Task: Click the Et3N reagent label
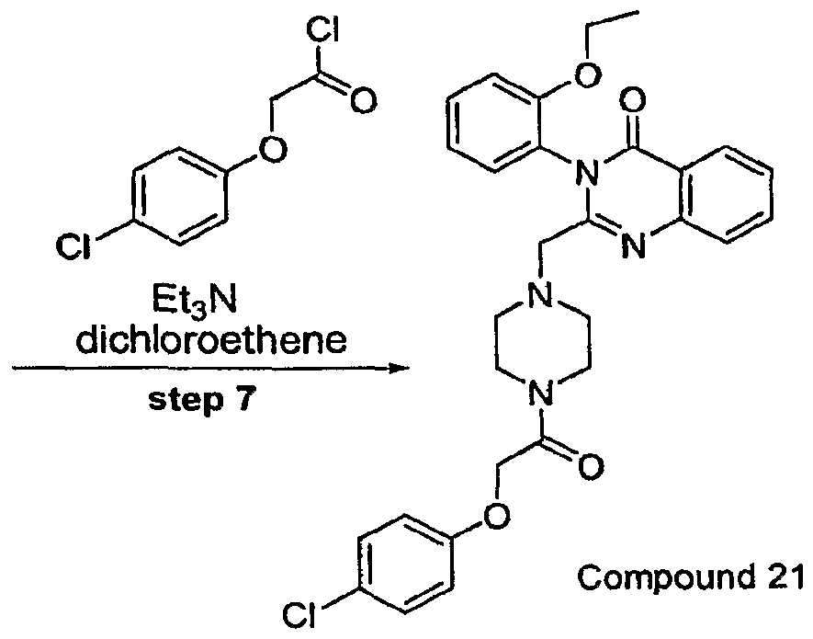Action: pyautogui.click(x=208, y=300)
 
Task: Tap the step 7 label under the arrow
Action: pyautogui.click(x=203, y=400)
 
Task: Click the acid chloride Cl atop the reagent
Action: pyautogui.click(x=322, y=31)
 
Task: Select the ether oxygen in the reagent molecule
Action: pyautogui.click(x=272, y=149)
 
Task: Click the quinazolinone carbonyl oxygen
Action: pyautogui.click(x=633, y=99)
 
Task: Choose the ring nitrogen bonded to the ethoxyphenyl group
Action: pyautogui.click(x=586, y=170)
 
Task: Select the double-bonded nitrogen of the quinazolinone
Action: pyautogui.click(x=633, y=244)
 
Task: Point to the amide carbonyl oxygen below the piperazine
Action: pyautogui.click(x=591, y=466)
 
